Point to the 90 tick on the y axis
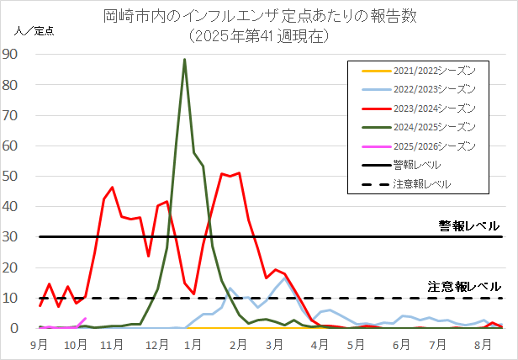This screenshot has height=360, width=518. click(x=18, y=54)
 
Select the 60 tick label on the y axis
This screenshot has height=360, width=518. click(x=18, y=146)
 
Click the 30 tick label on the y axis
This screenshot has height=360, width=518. click(x=18, y=237)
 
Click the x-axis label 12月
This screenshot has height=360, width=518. click(x=155, y=345)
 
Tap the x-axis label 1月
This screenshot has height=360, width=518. click(x=193, y=345)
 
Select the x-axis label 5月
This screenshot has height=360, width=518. click(x=356, y=345)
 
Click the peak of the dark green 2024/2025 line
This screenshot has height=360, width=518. click(x=184, y=60)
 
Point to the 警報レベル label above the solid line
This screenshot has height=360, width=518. click(x=468, y=225)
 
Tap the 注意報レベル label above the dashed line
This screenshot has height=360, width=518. click(x=463, y=286)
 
